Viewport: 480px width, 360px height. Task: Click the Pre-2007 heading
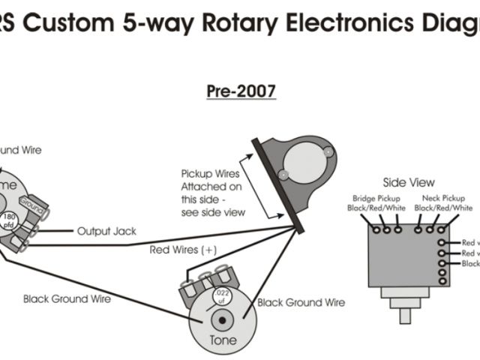point(241,91)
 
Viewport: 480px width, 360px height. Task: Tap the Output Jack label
point(106,231)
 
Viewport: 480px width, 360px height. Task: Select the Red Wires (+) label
point(184,250)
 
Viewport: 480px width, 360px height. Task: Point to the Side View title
point(409,182)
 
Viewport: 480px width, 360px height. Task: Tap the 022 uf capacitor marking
point(220,295)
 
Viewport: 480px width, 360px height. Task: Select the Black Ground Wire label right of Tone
point(301,303)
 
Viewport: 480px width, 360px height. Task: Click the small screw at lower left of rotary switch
point(283,174)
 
